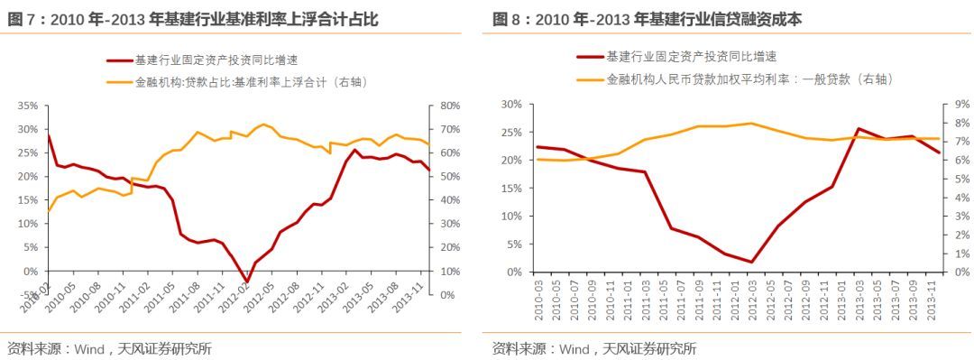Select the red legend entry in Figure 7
203,60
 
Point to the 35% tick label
27,106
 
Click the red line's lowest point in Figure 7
245,282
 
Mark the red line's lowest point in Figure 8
751,263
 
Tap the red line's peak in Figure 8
858,129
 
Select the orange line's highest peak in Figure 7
262,125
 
